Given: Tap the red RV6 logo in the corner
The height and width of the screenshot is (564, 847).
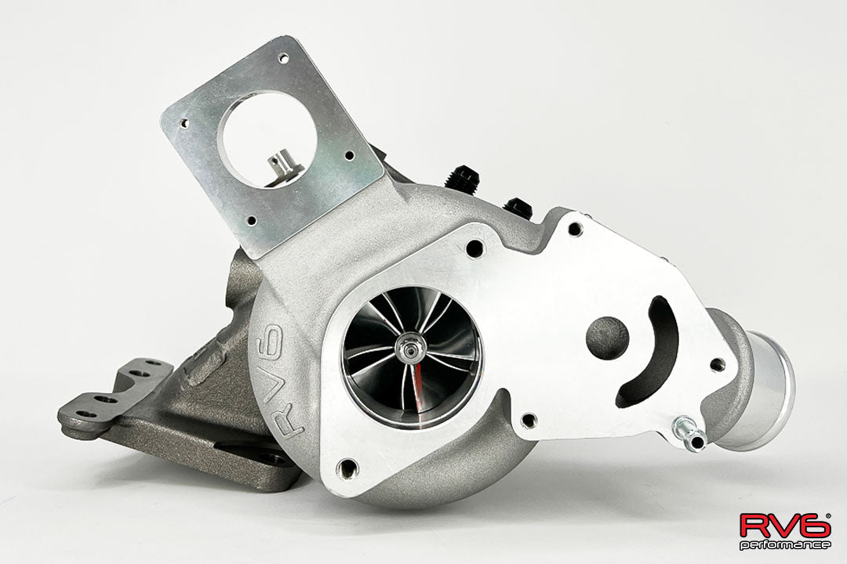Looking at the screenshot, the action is [x=785, y=525].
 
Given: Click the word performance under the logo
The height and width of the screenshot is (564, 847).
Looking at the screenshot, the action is [x=785, y=545].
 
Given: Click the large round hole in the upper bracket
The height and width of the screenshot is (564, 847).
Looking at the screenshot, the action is [x=267, y=137].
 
